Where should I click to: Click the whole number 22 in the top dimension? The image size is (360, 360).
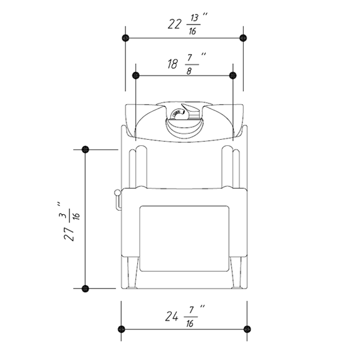click(174, 24)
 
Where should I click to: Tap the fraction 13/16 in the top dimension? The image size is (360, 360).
click(193, 25)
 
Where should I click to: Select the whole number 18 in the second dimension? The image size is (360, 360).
click(173, 64)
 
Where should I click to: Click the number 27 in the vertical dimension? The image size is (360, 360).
click(69, 234)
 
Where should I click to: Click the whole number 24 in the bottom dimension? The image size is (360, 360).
click(172, 317)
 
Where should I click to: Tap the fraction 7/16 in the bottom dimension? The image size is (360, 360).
click(191, 317)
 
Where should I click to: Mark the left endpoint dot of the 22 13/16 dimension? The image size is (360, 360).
click(125, 38)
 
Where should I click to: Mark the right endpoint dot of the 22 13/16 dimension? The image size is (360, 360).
click(243, 38)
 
